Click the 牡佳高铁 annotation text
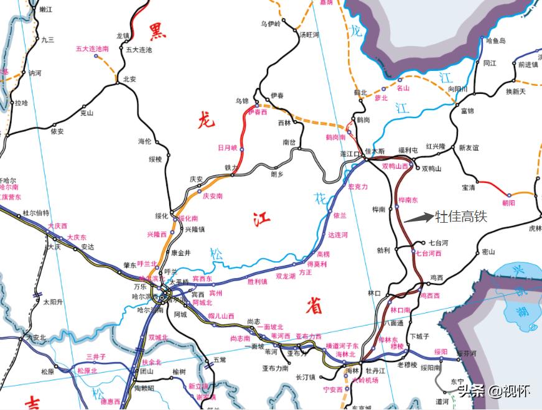(460, 217)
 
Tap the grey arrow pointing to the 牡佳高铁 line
(418, 218)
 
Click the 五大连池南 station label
(93, 48)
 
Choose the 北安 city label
(129, 79)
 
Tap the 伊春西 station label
(257, 113)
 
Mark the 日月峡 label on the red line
(227, 147)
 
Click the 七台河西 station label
(428, 253)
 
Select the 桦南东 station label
(408, 200)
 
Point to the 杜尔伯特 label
(35, 212)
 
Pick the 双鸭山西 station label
(395, 166)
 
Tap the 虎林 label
(535, 228)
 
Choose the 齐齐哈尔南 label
(9, 187)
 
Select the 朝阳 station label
(508, 203)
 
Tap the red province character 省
(314, 305)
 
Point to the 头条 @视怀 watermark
(493, 391)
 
